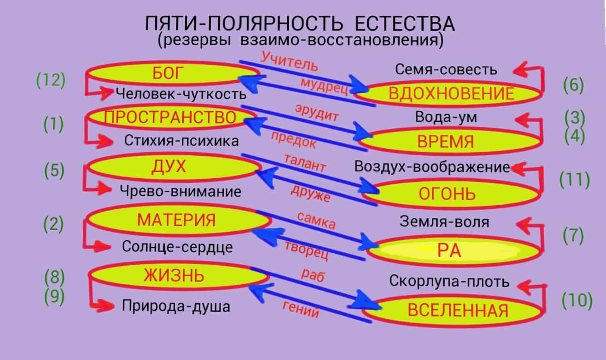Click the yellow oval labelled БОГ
pyautogui.click(x=173, y=73)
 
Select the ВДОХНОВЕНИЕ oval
pyautogui.click(x=448, y=93)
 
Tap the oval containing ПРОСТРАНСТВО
pyautogui.click(x=171, y=117)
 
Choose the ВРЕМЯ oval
pyautogui.click(x=450, y=141)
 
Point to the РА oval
pyautogui.click(x=454, y=251)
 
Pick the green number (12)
pyautogui.click(x=51, y=81)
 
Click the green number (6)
pyautogui.click(x=573, y=85)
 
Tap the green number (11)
pyautogui.click(x=575, y=180)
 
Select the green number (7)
pyautogui.click(x=573, y=236)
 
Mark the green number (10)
pyautogui.click(x=577, y=301)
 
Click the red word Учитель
pyautogui.click(x=289, y=62)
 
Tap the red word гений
pyautogui.click(x=301, y=309)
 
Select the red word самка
pyautogui.click(x=317, y=220)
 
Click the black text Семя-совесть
pyautogui.click(x=446, y=70)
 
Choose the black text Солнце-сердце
pyautogui.click(x=177, y=247)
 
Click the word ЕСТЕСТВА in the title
pyautogui.click(x=404, y=24)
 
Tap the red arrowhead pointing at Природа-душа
pyautogui.click(x=106, y=306)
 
